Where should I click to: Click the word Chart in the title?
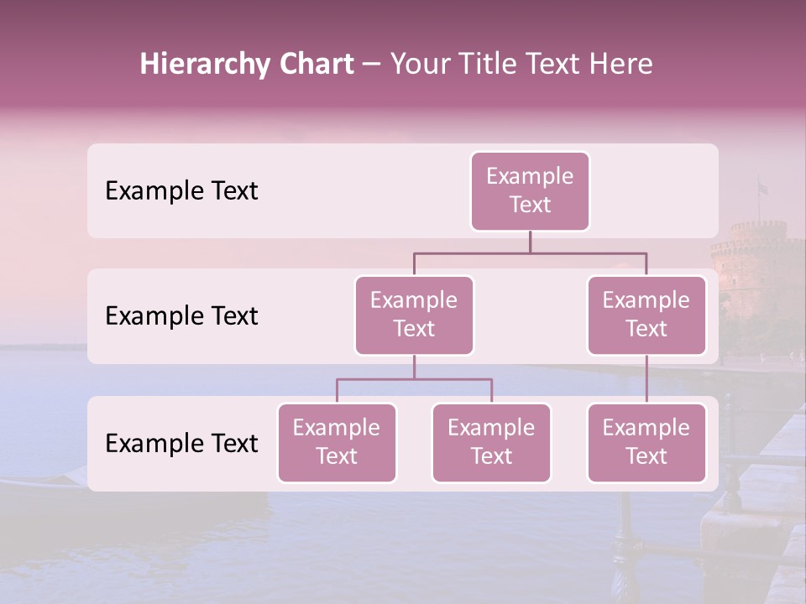click(x=315, y=65)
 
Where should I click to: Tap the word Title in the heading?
click(x=498, y=65)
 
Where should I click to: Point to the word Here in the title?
click(x=620, y=65)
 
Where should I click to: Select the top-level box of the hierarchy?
click(x=530, y=191)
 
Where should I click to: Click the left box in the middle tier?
click(x=414, y=315)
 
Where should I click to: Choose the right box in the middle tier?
click(x=646, y=315)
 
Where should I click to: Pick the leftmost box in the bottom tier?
click(x=337, y=443)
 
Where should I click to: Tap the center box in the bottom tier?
click(x=491, y=443)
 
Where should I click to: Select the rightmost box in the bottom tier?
click(x=646, y=443)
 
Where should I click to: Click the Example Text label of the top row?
click(x=181, y=191)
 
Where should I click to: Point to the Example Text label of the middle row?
click(x=181, y=316)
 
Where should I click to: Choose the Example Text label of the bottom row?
click(x=181, y=444)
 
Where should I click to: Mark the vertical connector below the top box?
click(x=530, y=242)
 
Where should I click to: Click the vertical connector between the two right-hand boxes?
click(x=646, y=379)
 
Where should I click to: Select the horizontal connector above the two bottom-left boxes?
click(x=414, y=379)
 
